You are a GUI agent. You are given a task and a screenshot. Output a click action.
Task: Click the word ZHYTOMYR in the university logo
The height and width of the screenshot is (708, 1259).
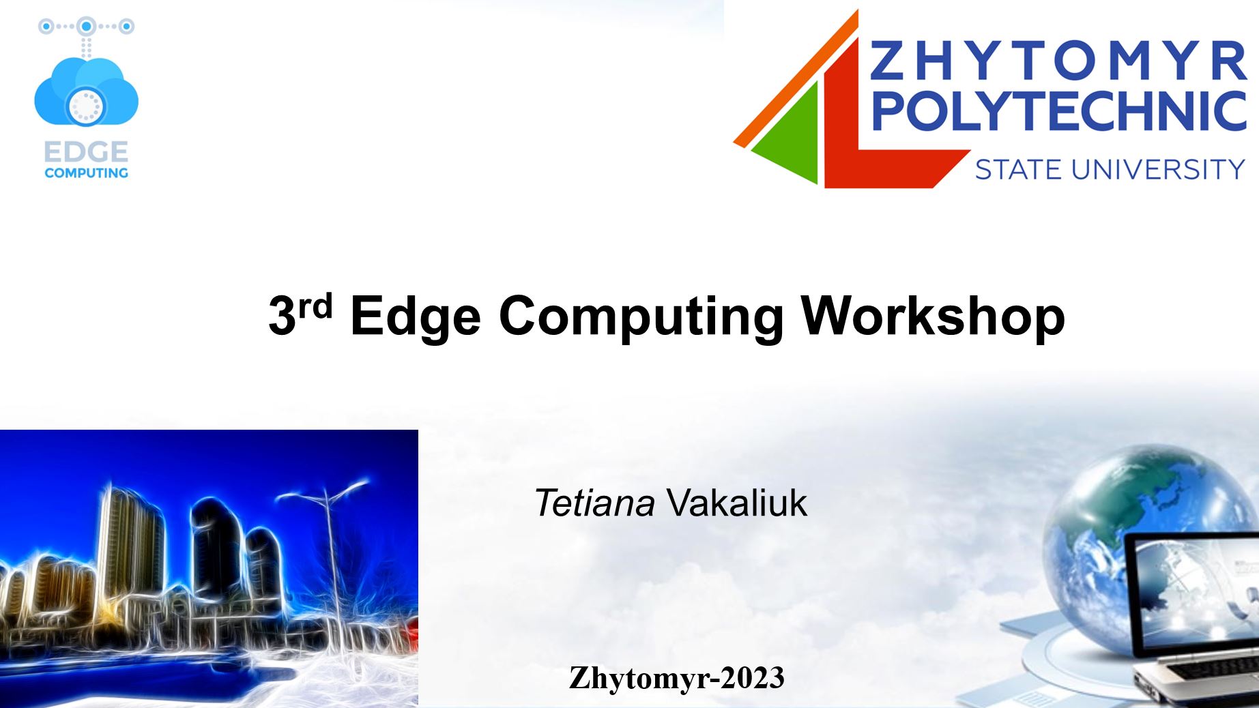pos(1058,61)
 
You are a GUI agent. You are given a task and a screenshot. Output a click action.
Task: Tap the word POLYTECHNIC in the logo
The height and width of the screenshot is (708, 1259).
pos(1059,110)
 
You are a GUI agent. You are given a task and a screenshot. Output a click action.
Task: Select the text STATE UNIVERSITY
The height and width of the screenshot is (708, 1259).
pos(1110,169)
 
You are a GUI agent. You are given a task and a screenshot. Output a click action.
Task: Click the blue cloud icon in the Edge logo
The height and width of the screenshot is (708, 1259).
pos(86,92)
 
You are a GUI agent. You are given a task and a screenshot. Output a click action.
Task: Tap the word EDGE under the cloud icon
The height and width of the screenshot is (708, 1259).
pos(86,151)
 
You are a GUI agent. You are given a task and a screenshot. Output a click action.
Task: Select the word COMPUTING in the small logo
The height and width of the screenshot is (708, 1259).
pos(86,173)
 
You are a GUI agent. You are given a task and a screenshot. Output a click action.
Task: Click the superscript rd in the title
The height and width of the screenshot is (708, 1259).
pos(315,306)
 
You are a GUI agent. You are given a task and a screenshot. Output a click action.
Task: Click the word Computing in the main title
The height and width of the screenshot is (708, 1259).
pos(641,317)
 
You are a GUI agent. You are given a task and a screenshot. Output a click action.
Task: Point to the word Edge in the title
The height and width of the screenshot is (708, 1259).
pos(416,317)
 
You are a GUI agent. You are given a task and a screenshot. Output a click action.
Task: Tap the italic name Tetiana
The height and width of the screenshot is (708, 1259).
pos(594,503)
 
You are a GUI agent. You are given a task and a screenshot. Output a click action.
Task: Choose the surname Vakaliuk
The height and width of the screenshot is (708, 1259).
pos(737,503)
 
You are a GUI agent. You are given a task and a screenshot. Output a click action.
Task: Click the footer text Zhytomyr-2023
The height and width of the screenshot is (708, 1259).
pos(677,678)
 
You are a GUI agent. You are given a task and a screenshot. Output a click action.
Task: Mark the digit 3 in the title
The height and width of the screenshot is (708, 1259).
pos(283,316)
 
